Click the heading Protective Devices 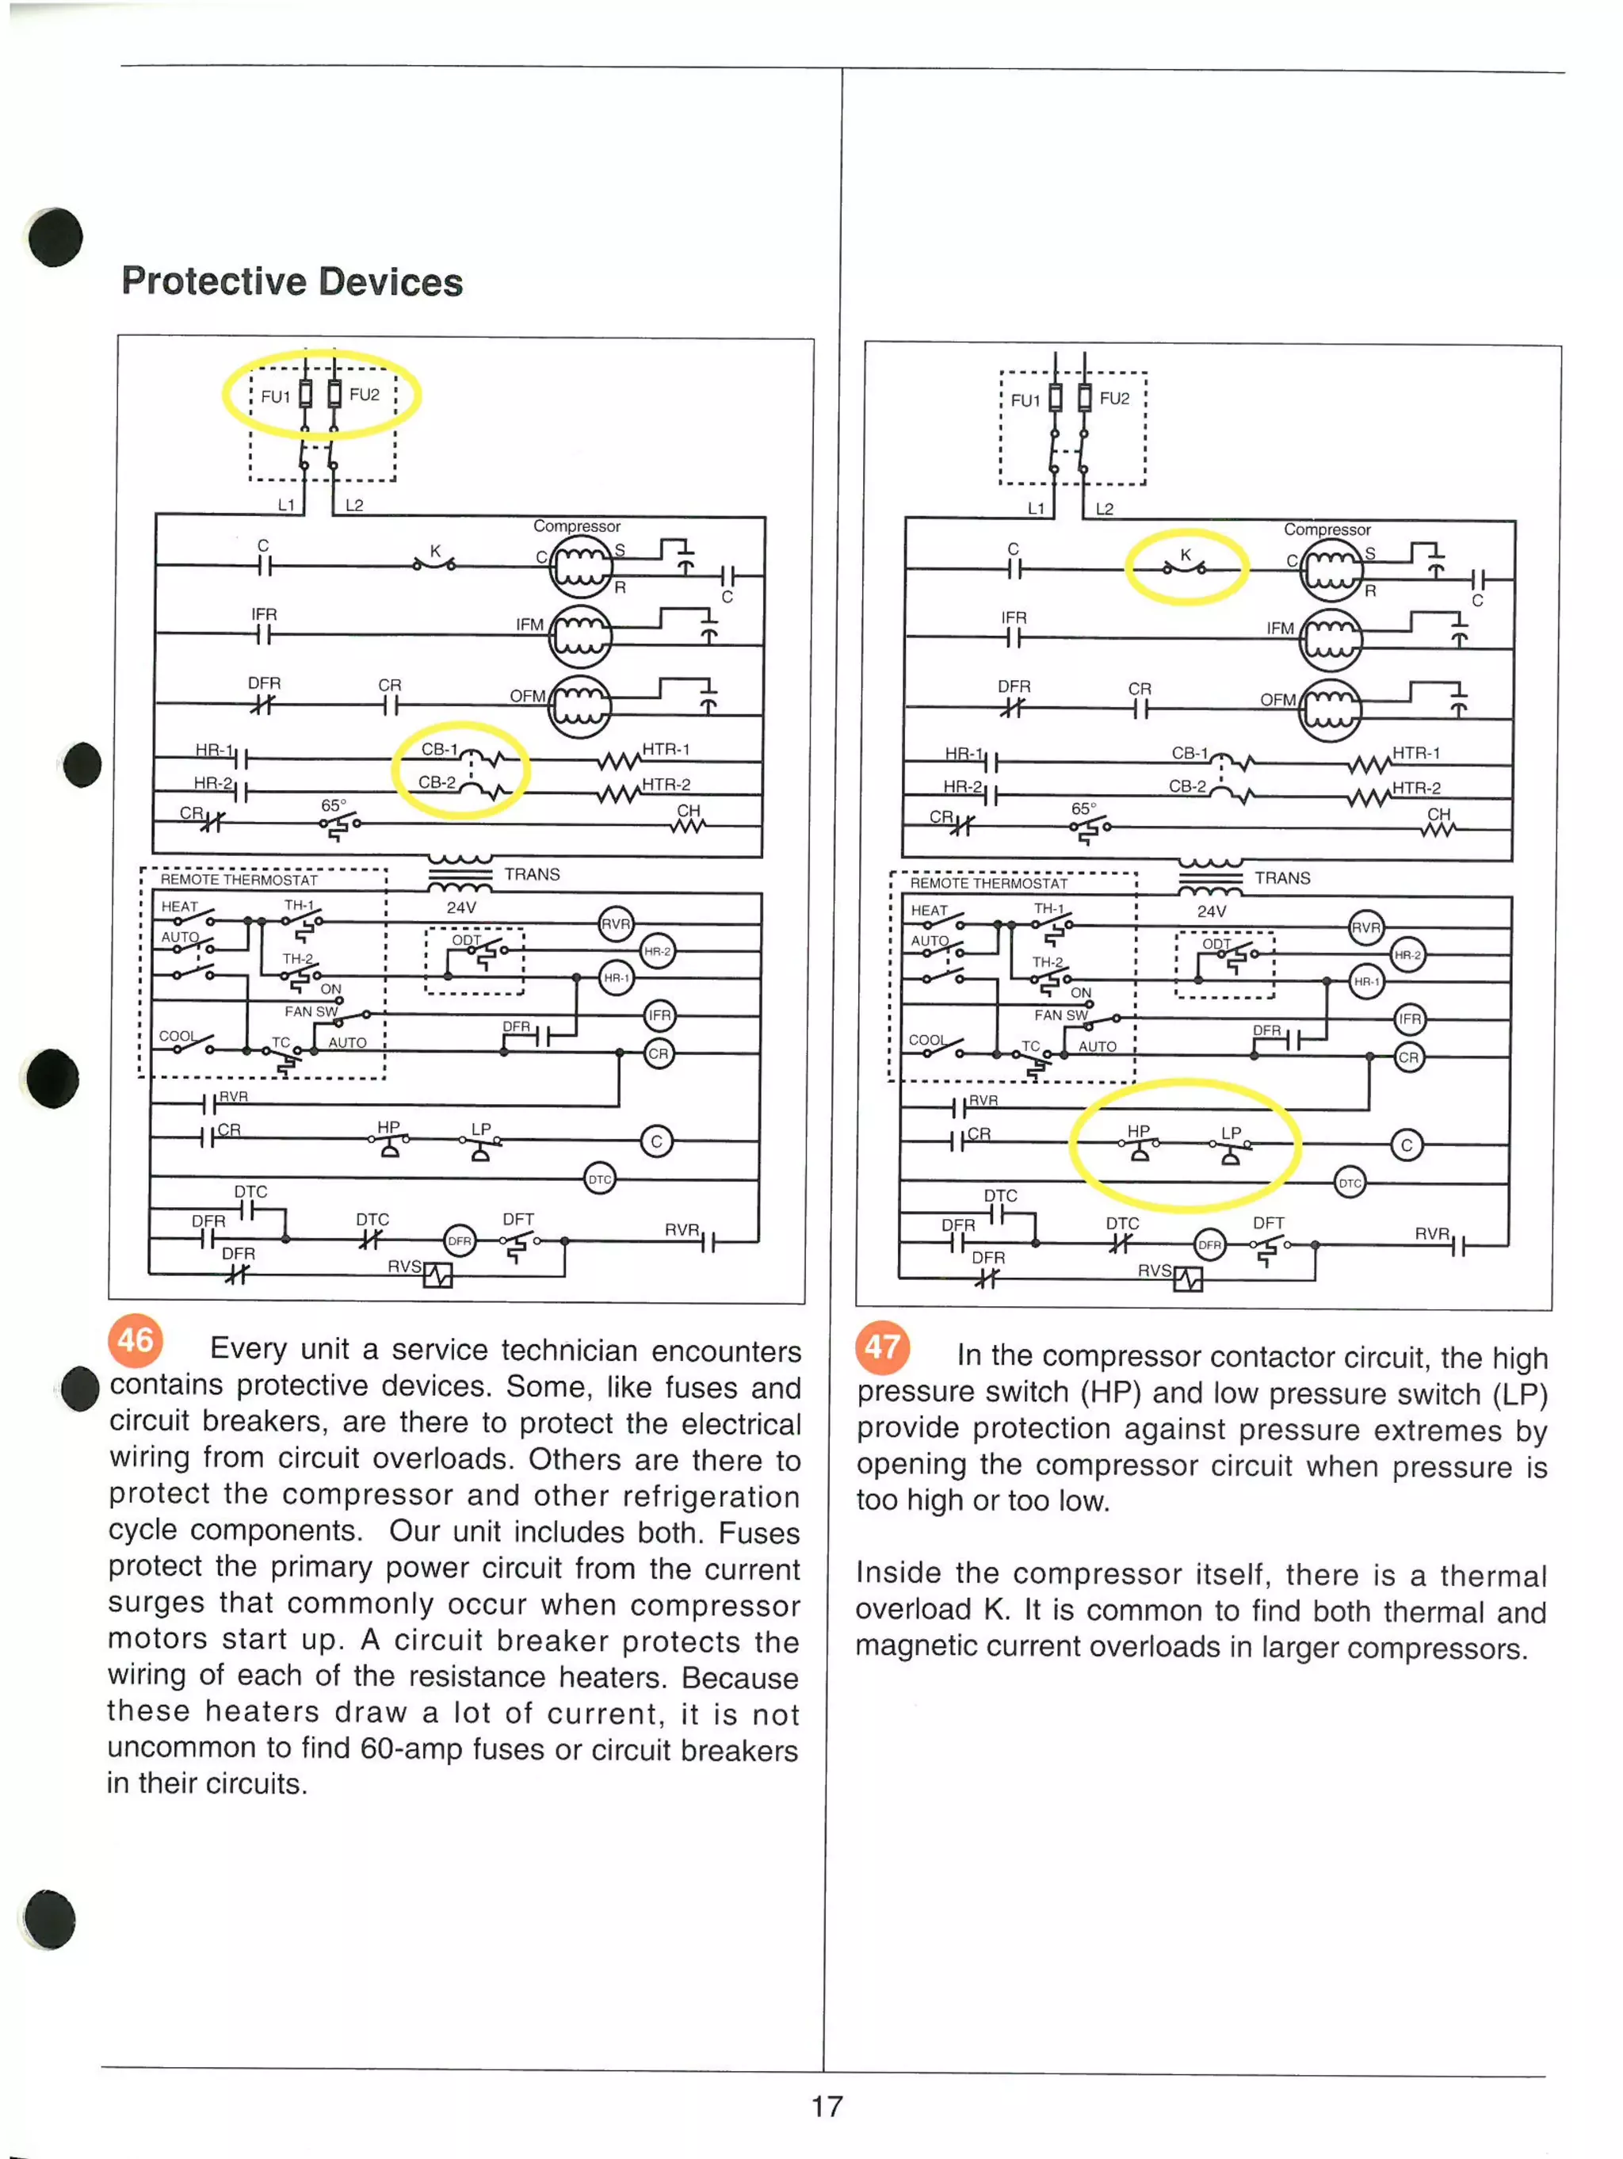point(292,282)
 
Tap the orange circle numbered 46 point(135,1339)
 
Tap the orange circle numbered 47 point(882,1347)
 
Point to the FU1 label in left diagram point(275,396)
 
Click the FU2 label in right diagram point(1113,398)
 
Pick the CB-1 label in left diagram point(439,750)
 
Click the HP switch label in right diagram point(1138,1130)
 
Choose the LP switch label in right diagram point(1231,1133)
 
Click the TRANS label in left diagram point(532,874)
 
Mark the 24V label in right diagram point(1211,911)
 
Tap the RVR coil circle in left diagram point(615,923)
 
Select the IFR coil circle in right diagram point(1409,1019)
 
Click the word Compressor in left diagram point(576,526)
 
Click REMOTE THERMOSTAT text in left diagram point(239,880)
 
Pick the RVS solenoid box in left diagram point(437,1274)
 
